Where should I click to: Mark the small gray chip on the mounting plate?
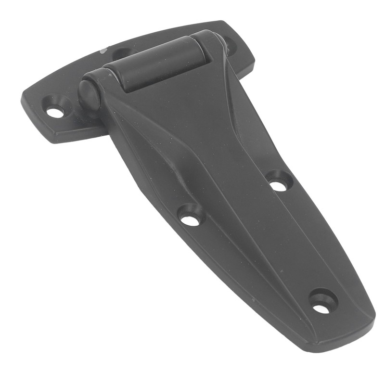[103, 50]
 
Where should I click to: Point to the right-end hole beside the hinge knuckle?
[230, 45]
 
